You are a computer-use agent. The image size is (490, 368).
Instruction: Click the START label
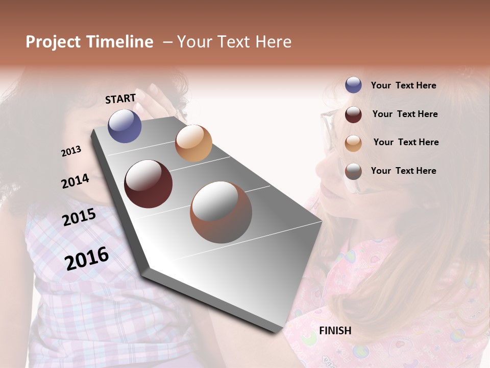[120, 99]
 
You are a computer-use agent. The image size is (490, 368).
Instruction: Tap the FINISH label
[335, 331]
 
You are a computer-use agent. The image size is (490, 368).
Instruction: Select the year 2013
[71, 151]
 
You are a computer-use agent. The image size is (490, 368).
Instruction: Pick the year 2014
[75, 181]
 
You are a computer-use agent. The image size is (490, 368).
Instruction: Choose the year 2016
[87, 258]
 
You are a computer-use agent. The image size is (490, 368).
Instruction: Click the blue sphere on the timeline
[125, 126]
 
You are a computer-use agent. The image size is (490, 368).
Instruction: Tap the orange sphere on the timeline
[193, 143]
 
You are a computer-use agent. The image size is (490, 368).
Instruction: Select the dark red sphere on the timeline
[148, 184]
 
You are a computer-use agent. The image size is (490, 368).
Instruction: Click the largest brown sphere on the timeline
[220, 212]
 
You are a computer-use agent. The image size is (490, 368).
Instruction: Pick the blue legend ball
[353, 85]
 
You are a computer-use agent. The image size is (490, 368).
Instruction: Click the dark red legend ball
[353, 114]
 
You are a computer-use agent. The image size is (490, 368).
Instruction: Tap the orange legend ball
[353, 143]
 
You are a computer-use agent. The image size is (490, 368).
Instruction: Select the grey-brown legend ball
[353, 171]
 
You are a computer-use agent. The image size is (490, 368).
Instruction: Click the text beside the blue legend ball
[403, 85]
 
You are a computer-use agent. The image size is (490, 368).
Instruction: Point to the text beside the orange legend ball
[406, 142]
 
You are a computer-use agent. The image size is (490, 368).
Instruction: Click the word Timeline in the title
[119, 42]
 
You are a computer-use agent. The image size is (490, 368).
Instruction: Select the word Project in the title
[54, 42]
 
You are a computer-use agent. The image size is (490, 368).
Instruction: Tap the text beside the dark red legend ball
[405, 114]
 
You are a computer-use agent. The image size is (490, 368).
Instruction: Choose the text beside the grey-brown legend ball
[403, 171]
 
